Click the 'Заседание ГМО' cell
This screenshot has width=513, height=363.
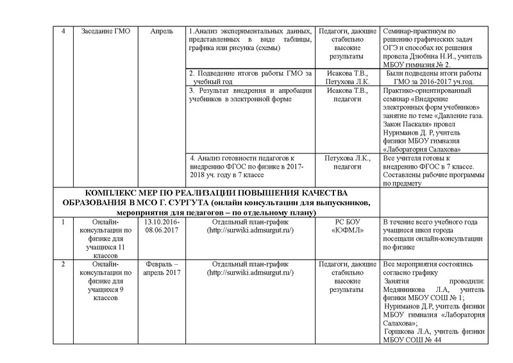103,31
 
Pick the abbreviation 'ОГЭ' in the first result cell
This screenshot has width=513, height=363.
392,48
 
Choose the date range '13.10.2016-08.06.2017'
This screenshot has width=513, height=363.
161,226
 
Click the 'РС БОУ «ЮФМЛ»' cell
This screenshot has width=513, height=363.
347,226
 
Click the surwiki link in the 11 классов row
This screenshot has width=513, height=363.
251,230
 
